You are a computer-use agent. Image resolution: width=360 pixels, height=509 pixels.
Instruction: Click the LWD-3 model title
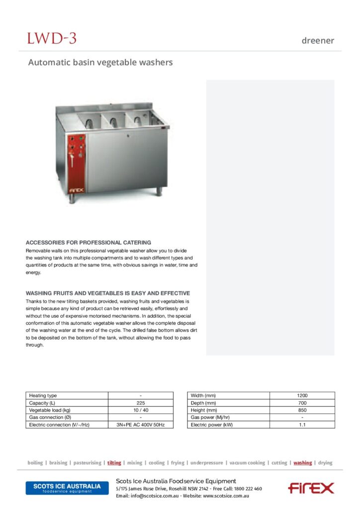pyautogui.click(x=52, y=38)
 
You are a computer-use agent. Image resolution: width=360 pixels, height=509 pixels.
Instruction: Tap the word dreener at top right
pyautogui.click(x=318, y=41)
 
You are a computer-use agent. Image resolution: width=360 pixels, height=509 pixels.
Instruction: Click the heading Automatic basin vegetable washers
pyautogui.click(x=100, y=63)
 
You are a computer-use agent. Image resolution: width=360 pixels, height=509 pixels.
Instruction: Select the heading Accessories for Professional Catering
pyautogui.click(x=88, y=243)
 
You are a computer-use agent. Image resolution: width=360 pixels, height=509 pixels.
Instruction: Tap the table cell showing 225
pyautogui.click(x=141, y=403)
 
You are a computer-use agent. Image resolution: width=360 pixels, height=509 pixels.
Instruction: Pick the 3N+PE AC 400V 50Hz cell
pyautogui.click(x=141, y=425)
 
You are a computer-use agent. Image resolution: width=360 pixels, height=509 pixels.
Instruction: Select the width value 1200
pyautogui.click(x=302, y=396)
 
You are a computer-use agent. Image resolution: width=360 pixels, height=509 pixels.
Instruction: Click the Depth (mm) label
pyautogui.click(x=203, y=403)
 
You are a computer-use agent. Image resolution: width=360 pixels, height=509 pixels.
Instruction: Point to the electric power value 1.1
pyautogui.click(x=302, y=425)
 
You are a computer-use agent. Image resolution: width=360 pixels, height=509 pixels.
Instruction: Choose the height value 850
pyautogui.click(x=302, y=410)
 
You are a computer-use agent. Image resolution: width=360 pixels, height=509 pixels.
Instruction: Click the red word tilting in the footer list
pyautogui.click(x=114, y=463)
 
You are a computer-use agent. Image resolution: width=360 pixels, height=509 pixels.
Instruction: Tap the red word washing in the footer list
pyautogui.click(x=302, y=463)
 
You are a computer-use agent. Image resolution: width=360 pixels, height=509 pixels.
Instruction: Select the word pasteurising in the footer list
pyautogui.click(x=87, y=463)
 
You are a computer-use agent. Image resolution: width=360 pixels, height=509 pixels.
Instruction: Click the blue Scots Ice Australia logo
pyautogui.click(x=67, y=488)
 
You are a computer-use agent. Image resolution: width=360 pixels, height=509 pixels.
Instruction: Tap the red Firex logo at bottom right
pyautogui.click(x=311, y=488)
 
